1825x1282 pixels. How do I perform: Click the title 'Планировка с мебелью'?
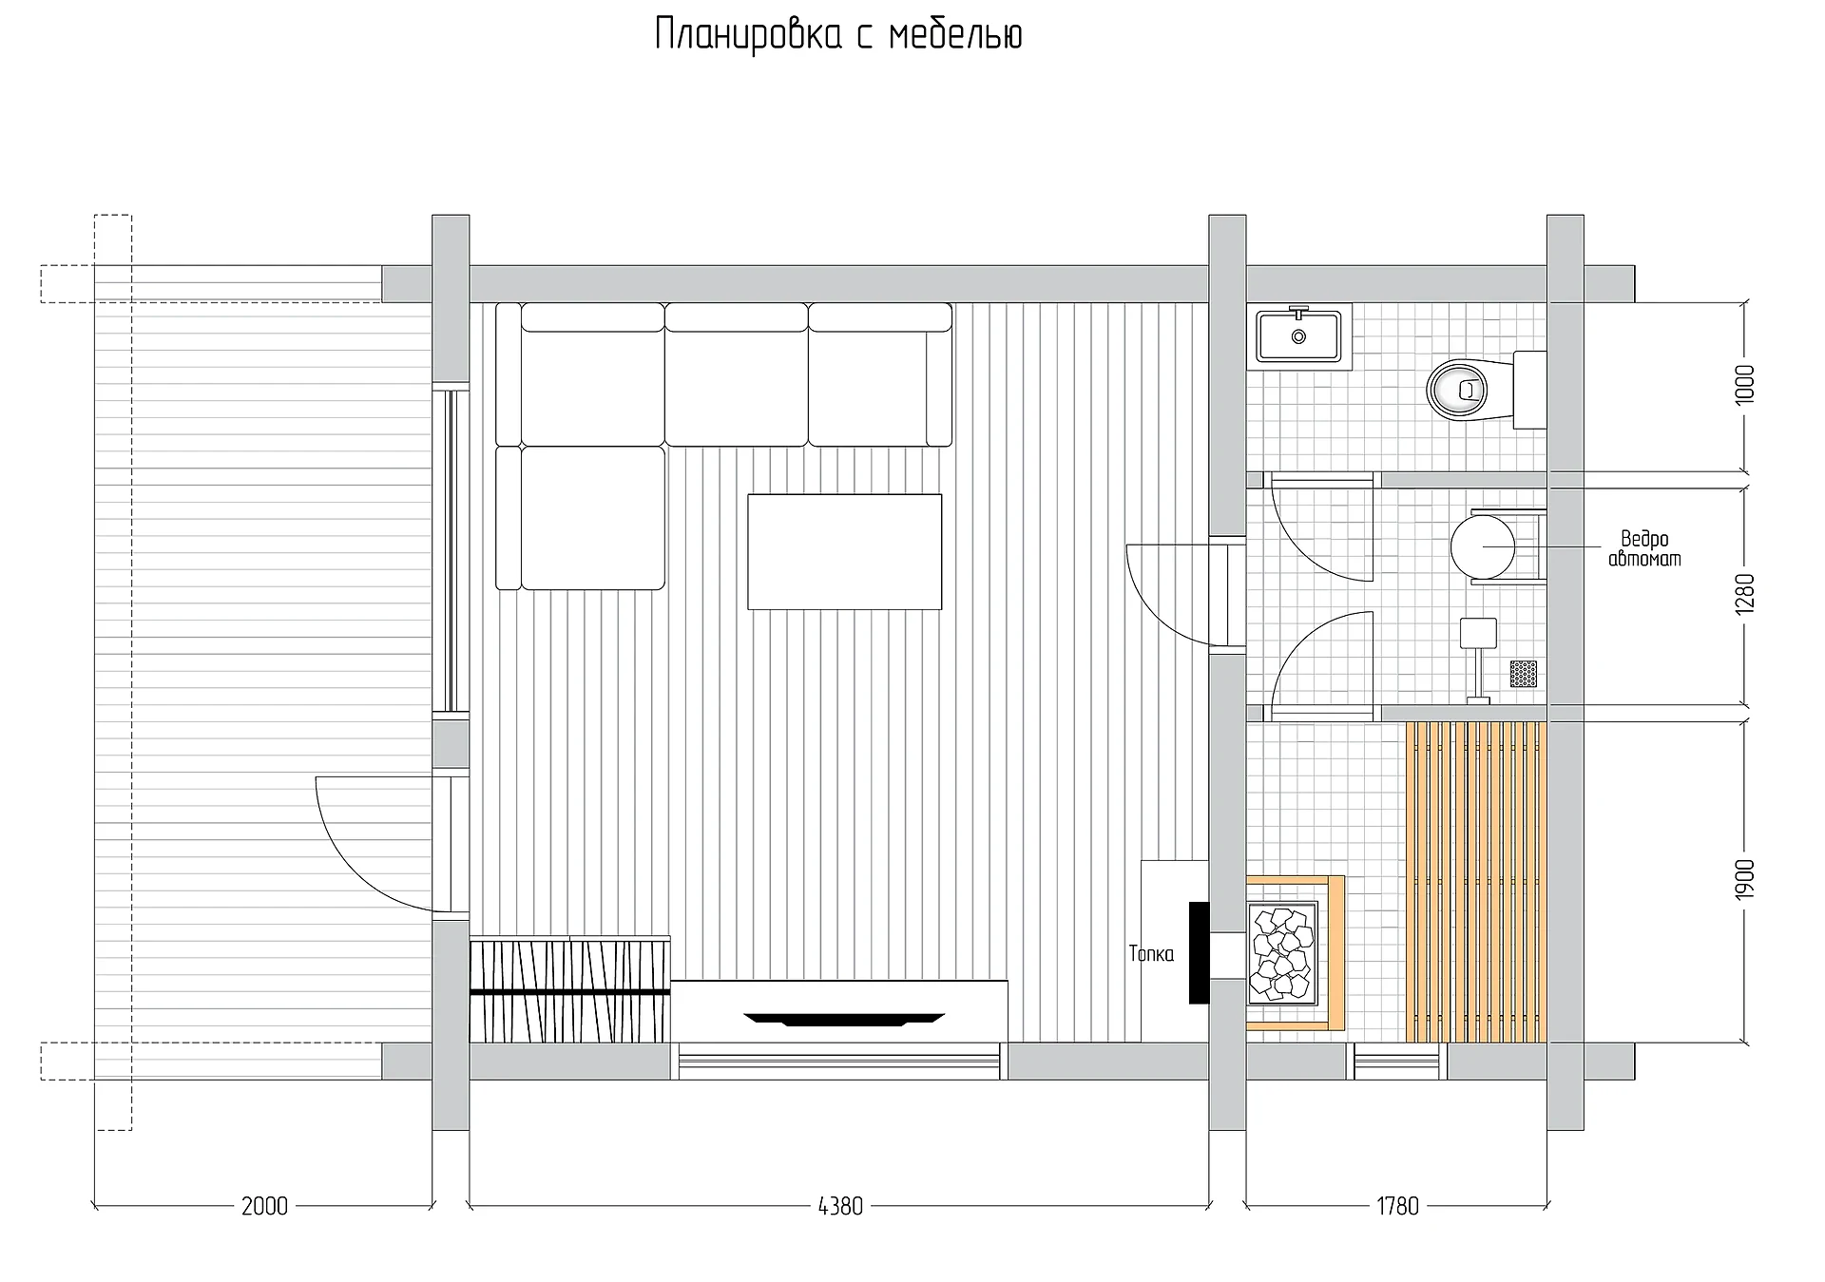[x=838, y=36]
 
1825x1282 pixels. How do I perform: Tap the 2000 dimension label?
[x=264, y=1206]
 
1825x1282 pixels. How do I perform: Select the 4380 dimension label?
[x=840, y=1206]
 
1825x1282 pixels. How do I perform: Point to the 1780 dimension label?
[x=1397, y=1206]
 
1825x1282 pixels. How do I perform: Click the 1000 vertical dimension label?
[x=1745, y=385]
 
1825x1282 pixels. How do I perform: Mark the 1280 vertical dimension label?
[x=1745, y=594]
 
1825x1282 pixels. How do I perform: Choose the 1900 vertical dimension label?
[x=1745, y=880]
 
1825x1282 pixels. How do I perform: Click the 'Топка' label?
[x=1151, y=953]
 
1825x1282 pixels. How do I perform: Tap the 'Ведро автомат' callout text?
[x=1644, y=549]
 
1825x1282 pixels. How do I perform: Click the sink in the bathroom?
[x=1298, y=336]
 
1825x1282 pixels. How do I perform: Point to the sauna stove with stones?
[x=1282, y=952]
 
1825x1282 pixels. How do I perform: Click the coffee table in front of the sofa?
[x=844, y=551]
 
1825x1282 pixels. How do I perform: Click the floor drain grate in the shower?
[x=1524, y=673]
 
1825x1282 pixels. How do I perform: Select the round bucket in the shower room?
[x=1483, y=547]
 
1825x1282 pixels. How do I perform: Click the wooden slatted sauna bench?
[x=1475, y=882]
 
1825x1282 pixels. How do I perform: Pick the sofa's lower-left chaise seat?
[x=592, y=518]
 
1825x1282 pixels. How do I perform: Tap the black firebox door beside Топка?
[x=1199, y=952]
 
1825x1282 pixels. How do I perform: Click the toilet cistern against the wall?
[x=1529, y=390]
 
